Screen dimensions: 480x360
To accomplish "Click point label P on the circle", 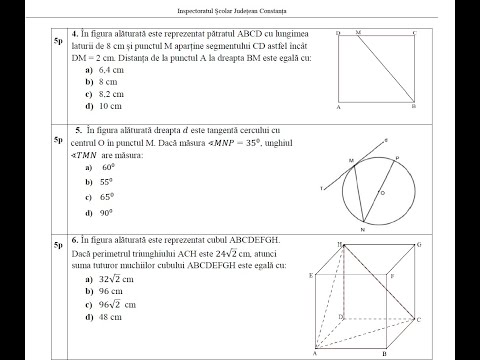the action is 398,157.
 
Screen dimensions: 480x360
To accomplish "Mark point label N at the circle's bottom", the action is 361,229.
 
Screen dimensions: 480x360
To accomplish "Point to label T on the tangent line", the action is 321,188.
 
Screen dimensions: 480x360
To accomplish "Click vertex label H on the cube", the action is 341,243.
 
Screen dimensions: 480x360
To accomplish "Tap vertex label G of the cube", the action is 420,243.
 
